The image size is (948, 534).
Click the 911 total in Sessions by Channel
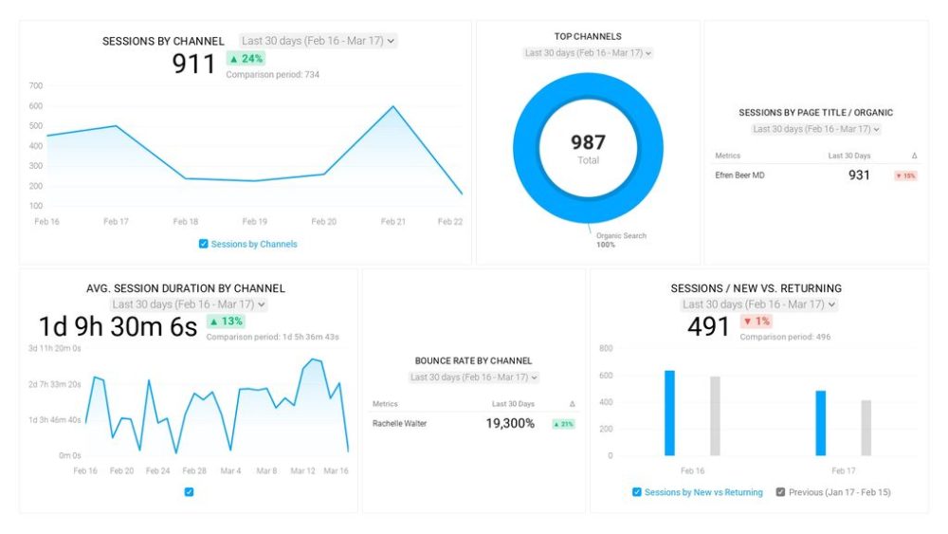click(x=194, y=64)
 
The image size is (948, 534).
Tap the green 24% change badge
click(x=246, y=58)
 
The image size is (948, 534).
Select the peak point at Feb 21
click(x=393, y=106)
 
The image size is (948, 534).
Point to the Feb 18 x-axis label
click(x=186, y=221)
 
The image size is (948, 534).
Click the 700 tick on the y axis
click(x=36, y=85)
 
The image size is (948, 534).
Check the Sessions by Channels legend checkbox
click(x=204, y=244)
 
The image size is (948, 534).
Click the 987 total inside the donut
click(x=588, y=142)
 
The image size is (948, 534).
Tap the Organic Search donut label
click(x=621, y=235)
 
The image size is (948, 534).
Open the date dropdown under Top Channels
click(x=588, y=53)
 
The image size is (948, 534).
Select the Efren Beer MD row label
click(x=739, y=175)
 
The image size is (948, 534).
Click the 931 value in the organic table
click(x=859, y=175)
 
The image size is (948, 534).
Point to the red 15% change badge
click(x=905, y=175)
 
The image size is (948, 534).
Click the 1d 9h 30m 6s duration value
click(x=118, y=327)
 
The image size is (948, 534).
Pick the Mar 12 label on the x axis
click(x=302, y=470)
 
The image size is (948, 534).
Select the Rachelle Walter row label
click(x=399, y=424)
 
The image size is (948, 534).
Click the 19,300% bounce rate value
click(x=510, y=424)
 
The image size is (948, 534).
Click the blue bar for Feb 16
click(x=669, y=413)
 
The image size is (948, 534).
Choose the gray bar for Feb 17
click(x=866, y=428)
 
